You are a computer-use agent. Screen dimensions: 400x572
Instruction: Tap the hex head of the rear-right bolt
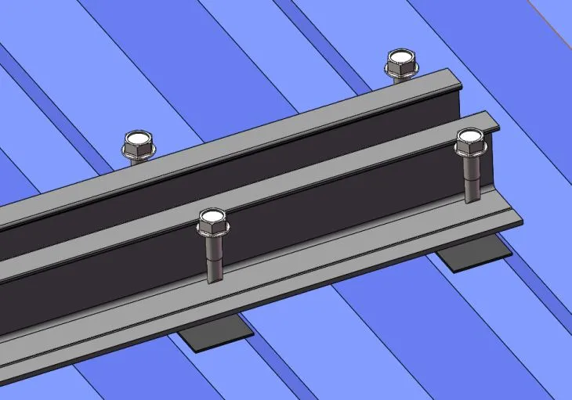tap(400, 63)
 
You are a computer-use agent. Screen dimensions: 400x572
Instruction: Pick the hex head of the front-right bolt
tap(470, 143)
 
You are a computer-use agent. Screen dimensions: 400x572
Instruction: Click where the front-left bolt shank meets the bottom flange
tap(215, 279)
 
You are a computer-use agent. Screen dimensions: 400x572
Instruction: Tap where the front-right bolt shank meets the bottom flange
tap(471, 200)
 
